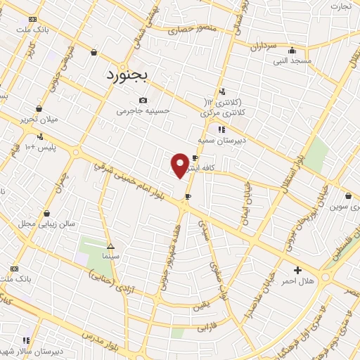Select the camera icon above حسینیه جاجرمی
(143, 101)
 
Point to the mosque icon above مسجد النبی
(292, 50)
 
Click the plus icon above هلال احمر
(297, 269)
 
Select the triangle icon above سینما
(110, 246)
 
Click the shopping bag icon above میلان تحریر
(39, 108)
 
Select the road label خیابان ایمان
(247, 196)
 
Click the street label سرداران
(265, 47)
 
